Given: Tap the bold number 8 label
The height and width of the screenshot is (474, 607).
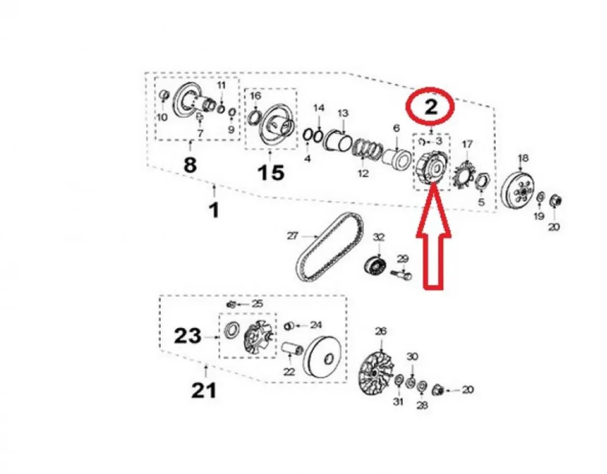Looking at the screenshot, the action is click(x=190, y=165).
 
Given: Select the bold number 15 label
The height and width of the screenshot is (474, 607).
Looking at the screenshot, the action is click(x=271, y=172).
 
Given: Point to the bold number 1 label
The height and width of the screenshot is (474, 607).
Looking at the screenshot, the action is click(x=214, y=210).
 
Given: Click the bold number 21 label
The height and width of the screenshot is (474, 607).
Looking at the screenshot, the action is click(x=203, y=390).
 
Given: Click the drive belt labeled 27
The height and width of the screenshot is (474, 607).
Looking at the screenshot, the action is click(x=330, y=247).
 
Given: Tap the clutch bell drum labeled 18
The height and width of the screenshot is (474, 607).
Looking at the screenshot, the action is click(x=518, y=192).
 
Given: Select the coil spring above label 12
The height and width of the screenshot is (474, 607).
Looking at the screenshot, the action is click(x=368, y=150).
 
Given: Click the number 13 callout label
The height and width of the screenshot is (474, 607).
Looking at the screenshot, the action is click(x=343, y=114).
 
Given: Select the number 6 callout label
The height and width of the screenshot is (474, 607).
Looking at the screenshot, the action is click(x=396, y=128).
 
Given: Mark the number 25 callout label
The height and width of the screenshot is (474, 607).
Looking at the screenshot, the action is click(x=258, y=304).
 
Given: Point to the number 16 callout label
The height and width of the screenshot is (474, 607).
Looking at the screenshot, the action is click(x=256, y=96).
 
